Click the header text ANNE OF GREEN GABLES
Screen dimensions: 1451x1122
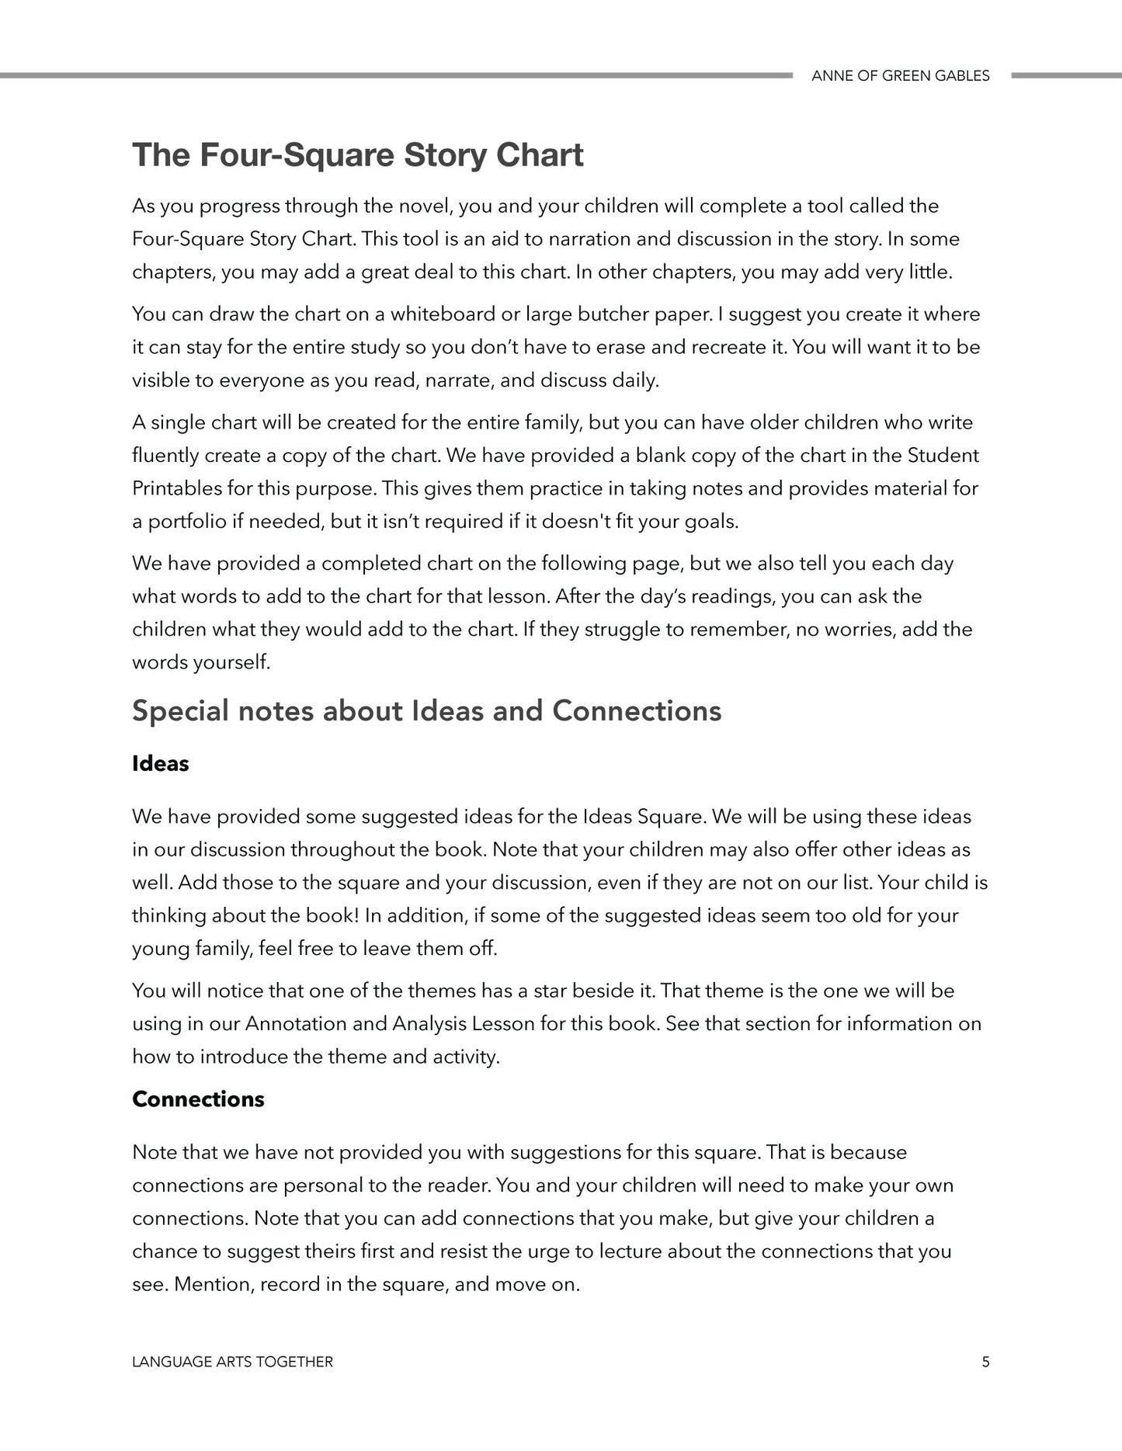coord(900,76)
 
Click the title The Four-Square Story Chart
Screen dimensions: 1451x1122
coord(357,154)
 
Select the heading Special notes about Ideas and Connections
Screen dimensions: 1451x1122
coord(426,710)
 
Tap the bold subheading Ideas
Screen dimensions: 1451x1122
coord(160,763)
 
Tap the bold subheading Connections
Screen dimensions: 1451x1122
coord(198,1099)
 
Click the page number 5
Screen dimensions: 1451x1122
coord(985,1362)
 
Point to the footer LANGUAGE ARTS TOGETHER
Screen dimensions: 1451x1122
coord(232,1362)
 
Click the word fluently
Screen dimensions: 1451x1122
coord(165,456)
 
